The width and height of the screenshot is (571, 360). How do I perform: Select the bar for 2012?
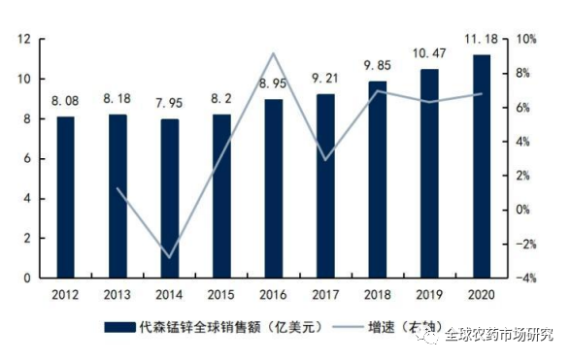pyautogui.click(x=65, y=197)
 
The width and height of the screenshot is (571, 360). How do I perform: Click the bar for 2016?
pyautogui.click(x=274, y=188)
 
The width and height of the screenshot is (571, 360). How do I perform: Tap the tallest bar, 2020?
pyautogui.click(x=482, y=166)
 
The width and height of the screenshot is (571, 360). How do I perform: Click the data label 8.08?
pyautogui.click(x=65, y=102)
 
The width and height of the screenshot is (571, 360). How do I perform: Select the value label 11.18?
pyautogui.click(x=483, y=38)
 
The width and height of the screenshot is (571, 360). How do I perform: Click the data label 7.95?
pyautogui.click(x=169, y=105)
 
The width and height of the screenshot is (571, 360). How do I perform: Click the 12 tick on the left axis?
pyautogui.click(x=25, y=39)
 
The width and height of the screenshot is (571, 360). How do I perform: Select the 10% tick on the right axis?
pyautogui.click(x=523, y=39)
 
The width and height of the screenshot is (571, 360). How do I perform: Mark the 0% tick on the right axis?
pyautogui.click(x=523, y=210)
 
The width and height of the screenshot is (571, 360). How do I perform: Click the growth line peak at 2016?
pyautogui.click(x=274, y=53)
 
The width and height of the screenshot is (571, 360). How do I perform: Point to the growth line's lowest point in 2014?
pyautogui.click(x=169, y=257)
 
